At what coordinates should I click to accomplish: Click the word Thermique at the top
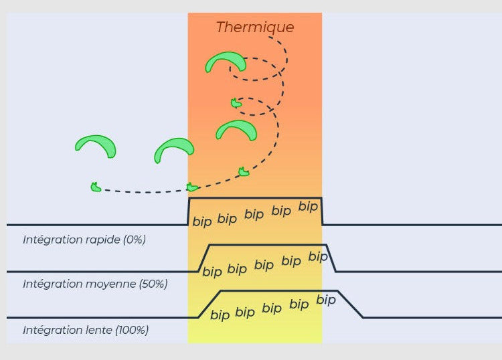[x=255, y=27]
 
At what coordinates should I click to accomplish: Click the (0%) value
[x=135, y=240]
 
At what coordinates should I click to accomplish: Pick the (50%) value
[x=153, y=284]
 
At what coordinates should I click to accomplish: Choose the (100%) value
[x=132, y=330]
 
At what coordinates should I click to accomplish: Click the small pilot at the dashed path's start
[x=96, y=187]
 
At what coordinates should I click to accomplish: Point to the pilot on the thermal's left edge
[x=192, y=187]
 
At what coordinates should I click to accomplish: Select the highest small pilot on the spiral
[x=236, y=103]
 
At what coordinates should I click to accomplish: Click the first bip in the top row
[x=202, y=221]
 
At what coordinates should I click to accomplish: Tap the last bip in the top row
[x=308, y=206]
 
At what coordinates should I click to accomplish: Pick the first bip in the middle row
[x=212, y=272]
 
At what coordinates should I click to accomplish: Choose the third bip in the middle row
[x=264, y=264]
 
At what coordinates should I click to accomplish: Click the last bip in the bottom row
[x=326, y=300]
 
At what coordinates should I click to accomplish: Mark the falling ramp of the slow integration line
[x=351, y=304]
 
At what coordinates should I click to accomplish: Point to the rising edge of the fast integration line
[x=189, y=211]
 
